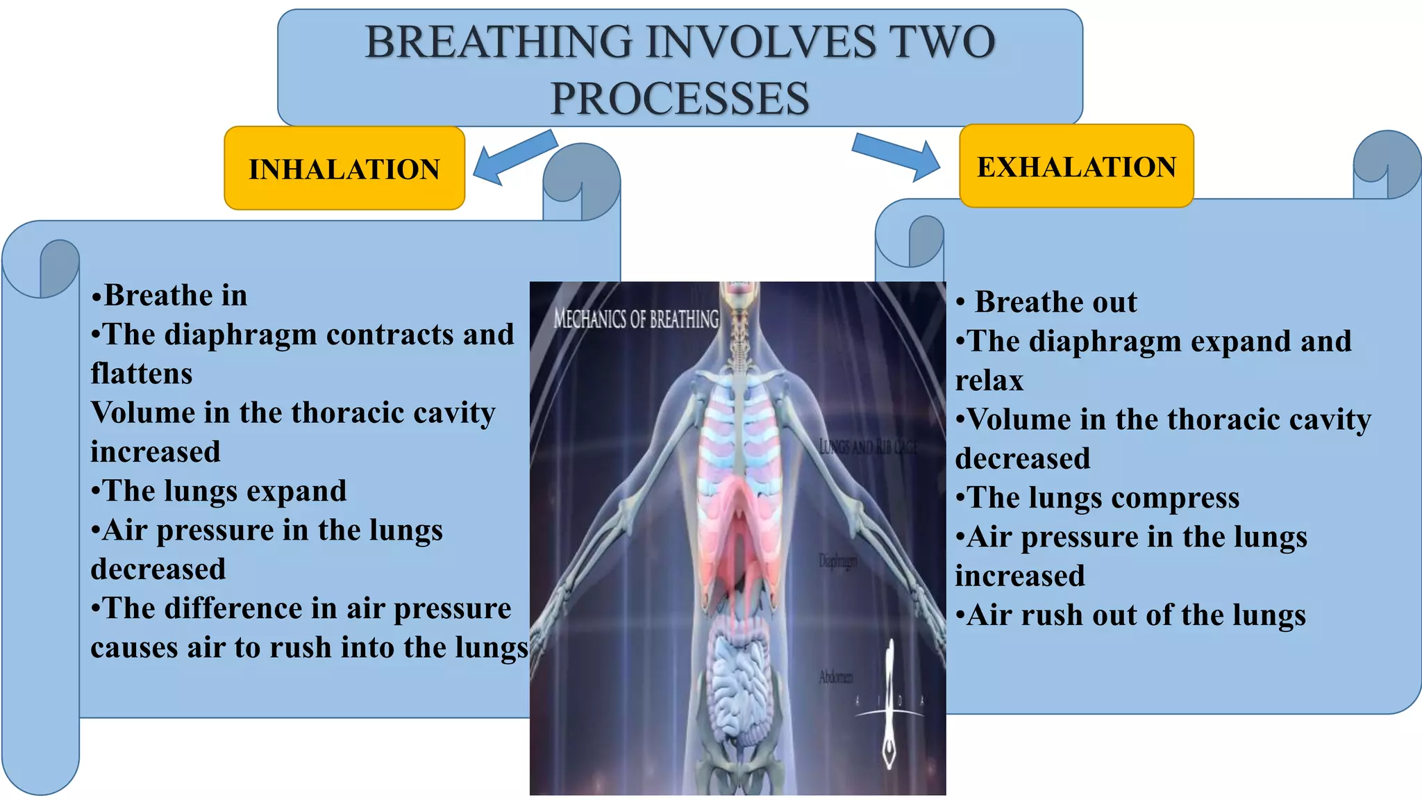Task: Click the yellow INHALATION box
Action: (344, 169)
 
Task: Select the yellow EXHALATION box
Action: (1076, 167)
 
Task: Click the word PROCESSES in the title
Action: (680, 98)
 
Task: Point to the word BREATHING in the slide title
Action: (499, 42)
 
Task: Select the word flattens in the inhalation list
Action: (142, 374)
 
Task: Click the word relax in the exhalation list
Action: (989, 381)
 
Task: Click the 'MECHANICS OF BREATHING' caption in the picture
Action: (636, 319)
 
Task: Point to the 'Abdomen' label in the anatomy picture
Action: (835, 676)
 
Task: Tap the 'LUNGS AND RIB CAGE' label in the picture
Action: (868, 447)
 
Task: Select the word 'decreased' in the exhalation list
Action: (1022, 459)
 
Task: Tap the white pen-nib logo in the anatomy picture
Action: (889, 708)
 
